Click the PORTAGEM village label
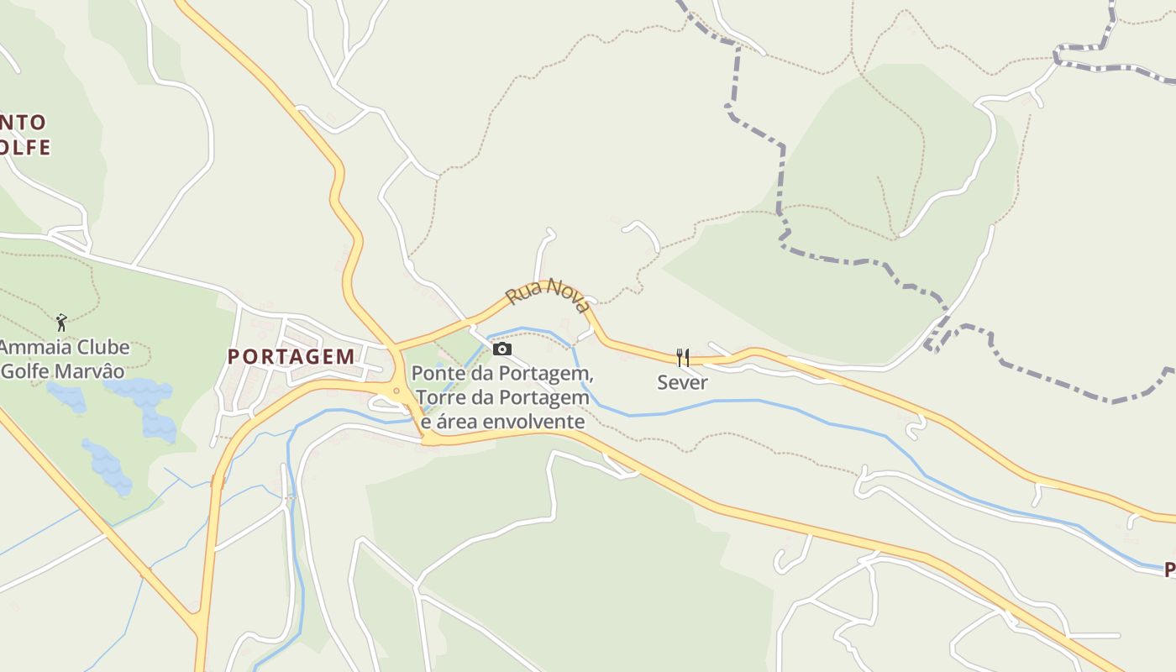point(291,356)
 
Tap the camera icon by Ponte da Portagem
point(501,349)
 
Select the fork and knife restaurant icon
point(682,358)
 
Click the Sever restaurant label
point(682,382)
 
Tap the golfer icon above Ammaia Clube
point(60,322)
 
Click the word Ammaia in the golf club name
point(34,347)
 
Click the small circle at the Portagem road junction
point(396,390)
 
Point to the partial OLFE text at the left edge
point(24,148)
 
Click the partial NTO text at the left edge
point(23,123)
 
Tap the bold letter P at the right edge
point(1169,570)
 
